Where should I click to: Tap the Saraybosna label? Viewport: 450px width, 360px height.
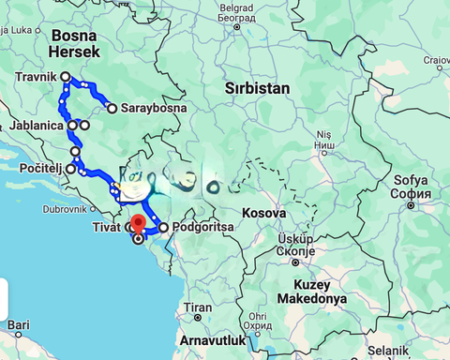pyautogui.click(x=152, y=108)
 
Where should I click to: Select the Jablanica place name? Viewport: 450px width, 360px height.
pyautogui.click(x=37, y=125)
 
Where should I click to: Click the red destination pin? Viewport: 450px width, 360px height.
pyautogui.click(x=139, y=224)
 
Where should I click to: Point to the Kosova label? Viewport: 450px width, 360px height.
pyautogui.click(x=263, y=213)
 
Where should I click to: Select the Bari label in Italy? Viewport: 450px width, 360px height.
pyautogui.click(x=18, y=325)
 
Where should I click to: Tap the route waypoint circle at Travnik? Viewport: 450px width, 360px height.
pyautogui.click(x=66, y=77)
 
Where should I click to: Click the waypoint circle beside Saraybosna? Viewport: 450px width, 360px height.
pyautogui.click(x=112, y=108)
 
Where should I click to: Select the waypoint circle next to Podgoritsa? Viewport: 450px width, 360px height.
pyautogui.click(x=163, y=227)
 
